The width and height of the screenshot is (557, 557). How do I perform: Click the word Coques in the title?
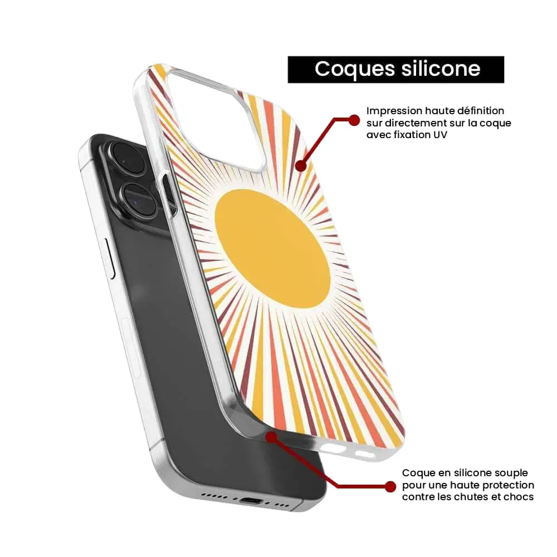click(354, 70)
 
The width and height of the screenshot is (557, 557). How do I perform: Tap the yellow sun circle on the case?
click(272, 248)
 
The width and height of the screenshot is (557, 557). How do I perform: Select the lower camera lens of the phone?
click(139, 200)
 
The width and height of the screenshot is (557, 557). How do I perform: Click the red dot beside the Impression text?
click(354, 120)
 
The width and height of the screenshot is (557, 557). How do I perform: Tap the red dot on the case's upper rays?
click(301, 165)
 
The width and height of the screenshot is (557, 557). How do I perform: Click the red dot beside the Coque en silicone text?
click(390, 487)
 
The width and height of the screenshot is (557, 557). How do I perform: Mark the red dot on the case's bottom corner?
click(272, 437)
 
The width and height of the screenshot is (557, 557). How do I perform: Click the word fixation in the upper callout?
click(411, 135)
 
